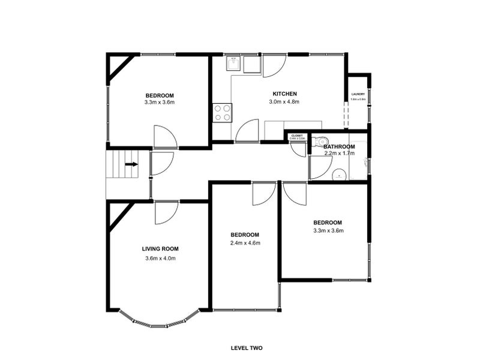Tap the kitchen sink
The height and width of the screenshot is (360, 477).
pos(234,64)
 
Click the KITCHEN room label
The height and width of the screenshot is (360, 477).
pos(284,94)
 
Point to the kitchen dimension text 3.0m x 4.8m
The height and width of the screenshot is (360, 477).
pos(284,102)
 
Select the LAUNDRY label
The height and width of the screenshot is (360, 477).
pos(358,94)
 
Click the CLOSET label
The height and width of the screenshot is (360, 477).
pos(297,136)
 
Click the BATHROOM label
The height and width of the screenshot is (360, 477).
pos(339,146)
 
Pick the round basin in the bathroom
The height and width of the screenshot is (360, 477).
pos(339,175)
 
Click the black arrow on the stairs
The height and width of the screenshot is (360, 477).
pos(130,163)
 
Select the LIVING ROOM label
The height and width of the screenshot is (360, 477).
pos(160,248)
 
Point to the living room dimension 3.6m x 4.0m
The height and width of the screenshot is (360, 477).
pos(160,259)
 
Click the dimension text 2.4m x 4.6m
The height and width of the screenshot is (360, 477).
pos(245,243)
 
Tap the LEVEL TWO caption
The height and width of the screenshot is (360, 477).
pos(247,347)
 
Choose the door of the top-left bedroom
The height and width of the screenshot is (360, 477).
pos(164,137)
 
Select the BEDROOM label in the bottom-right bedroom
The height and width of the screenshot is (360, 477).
pos(328,222)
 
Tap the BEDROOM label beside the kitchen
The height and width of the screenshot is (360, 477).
pos(160,96)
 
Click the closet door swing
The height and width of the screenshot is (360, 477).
pos(299,149)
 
